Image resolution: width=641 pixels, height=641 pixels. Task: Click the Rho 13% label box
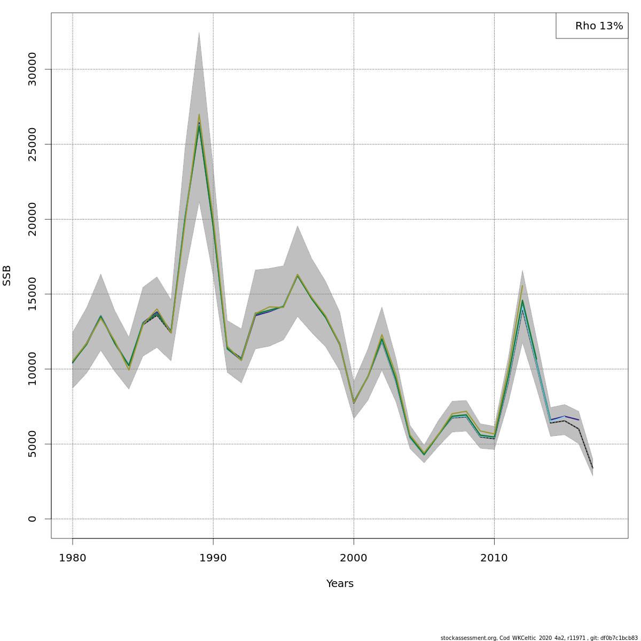(592, 26)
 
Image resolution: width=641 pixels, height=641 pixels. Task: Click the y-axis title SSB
(7, 275)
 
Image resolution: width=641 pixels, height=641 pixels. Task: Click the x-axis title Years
(340, 583)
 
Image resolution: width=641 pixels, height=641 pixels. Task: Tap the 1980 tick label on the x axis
(73, 558)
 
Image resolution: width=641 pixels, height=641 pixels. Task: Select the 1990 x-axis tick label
(213, 558)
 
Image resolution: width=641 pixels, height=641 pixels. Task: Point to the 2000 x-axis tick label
(354, 558)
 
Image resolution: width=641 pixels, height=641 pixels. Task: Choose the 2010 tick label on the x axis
(494, 558)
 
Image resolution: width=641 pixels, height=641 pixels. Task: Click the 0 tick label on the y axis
(32, 519)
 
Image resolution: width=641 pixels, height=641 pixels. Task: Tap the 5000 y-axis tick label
(32, 444)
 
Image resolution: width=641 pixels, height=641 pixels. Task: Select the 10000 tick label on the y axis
(32, 369)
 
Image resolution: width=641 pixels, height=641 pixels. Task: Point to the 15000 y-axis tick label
(32, 294)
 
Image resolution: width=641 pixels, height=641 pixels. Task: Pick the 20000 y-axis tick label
(32, 219)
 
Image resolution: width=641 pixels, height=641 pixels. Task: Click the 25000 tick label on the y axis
(32, 144)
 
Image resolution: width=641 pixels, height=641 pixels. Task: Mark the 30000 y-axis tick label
(32, 69)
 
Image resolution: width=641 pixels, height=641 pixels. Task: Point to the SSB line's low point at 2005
(424, 454)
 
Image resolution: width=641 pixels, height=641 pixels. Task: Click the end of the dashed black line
(592, 468)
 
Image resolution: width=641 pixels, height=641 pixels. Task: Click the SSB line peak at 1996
(298, 275)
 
